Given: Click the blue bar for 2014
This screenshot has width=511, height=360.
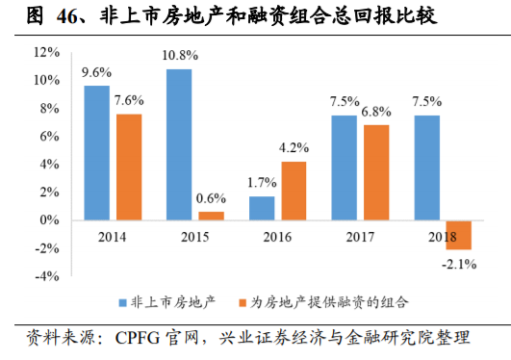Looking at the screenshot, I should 95,153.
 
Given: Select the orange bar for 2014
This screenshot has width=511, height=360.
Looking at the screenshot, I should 129,167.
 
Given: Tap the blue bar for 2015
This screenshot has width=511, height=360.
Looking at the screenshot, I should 178,144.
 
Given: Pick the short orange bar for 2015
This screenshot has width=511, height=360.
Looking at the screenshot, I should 211,216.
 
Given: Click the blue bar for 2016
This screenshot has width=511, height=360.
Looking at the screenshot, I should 261,208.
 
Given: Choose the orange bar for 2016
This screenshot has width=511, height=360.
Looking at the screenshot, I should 294,191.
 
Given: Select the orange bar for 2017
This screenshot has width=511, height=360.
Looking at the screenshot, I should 376,172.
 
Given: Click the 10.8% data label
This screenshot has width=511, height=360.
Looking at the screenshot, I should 179,57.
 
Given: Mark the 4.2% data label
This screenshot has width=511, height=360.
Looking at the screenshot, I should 293,148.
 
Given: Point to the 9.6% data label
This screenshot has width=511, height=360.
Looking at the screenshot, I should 96,72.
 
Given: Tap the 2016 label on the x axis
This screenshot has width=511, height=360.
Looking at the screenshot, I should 277,235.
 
